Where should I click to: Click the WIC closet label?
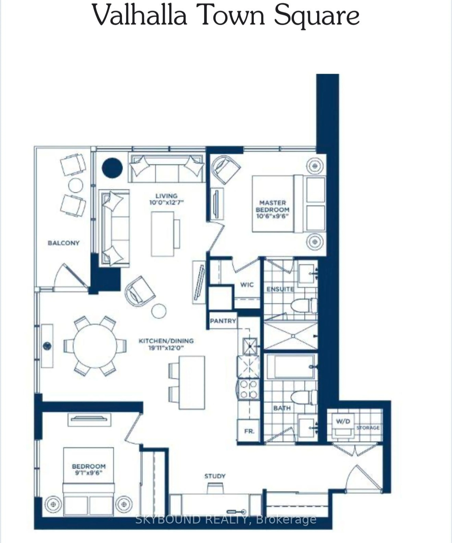(247, 285)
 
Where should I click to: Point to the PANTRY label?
(223, 321)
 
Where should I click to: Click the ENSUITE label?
(280, 289)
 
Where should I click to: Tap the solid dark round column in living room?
(112, 168)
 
